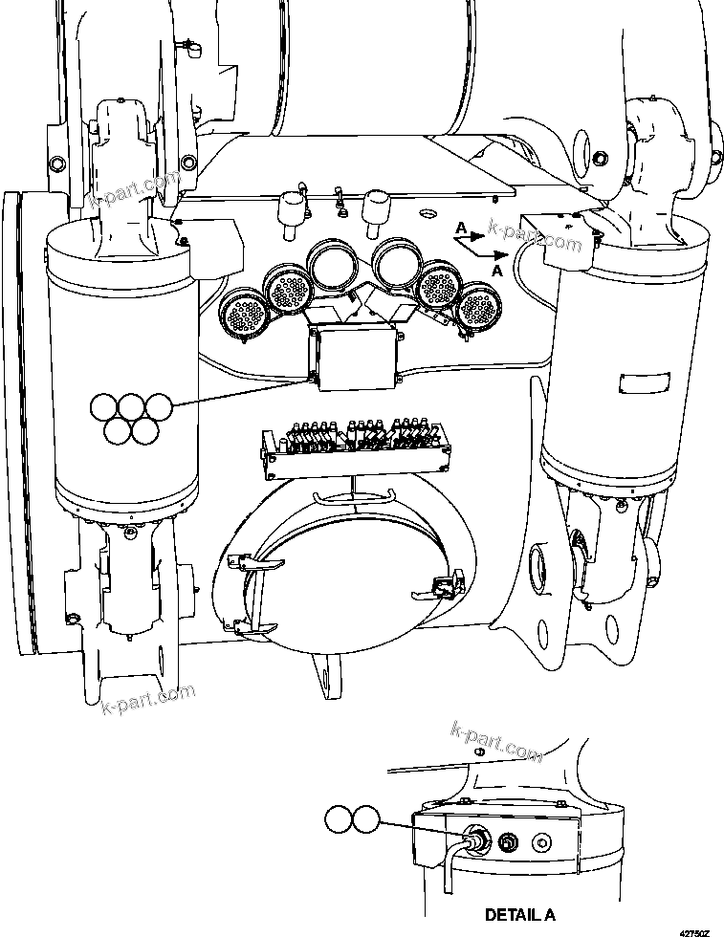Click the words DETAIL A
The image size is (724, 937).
pos(518,915)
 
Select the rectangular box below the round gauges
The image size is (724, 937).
pos(353,356)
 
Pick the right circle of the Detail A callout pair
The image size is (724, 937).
pos(364,819)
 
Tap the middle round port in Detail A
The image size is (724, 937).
pos(508,842)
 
